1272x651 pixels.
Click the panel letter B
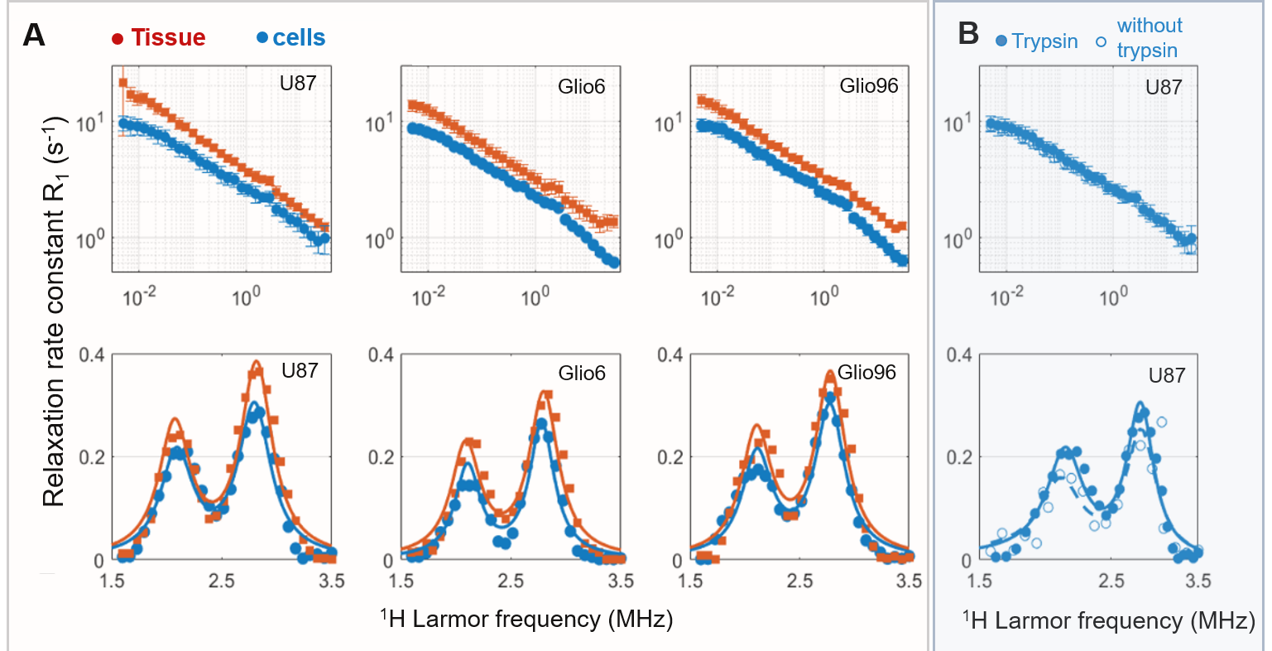(967, 33)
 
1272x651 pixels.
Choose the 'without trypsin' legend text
(1149, 38)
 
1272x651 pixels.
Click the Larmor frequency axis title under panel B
(1108, 620)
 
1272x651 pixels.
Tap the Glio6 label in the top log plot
(581, 86)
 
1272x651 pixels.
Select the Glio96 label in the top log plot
(868, 86)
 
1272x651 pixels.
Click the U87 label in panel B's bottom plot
(1166, 375)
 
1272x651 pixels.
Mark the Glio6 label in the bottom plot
(582, 373)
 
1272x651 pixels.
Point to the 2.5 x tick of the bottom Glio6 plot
(511, 581)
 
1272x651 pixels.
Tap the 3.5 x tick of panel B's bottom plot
(1198, 581)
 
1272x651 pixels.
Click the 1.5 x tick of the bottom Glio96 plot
(691, 581)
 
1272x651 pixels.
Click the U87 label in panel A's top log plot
(298, 83)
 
